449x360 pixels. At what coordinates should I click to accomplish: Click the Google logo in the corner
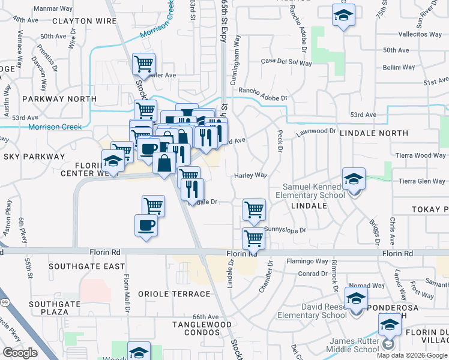[x=20, y=353]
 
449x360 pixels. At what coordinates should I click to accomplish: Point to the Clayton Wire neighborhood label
[x=84, y=21]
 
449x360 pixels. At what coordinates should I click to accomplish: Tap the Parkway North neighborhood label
[x=59, y=98]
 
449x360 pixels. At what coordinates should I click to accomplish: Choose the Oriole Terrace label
[x=174, y=294]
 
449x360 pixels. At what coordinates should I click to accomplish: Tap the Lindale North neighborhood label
[x=374, y=136]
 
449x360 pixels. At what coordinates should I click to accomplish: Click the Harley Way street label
[x=250, y=175]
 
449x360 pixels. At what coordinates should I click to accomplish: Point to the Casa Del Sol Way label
[x=286, y=62]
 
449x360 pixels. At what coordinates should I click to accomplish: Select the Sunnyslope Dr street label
[x=285, y=229]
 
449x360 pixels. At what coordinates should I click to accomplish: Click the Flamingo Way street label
[x=307, y=262]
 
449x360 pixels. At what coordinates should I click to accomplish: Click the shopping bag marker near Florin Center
[x=164, y=162]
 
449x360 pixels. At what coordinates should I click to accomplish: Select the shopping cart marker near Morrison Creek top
[x=143, y=64]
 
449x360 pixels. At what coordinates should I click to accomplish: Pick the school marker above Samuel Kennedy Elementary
[x=354, y=178]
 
